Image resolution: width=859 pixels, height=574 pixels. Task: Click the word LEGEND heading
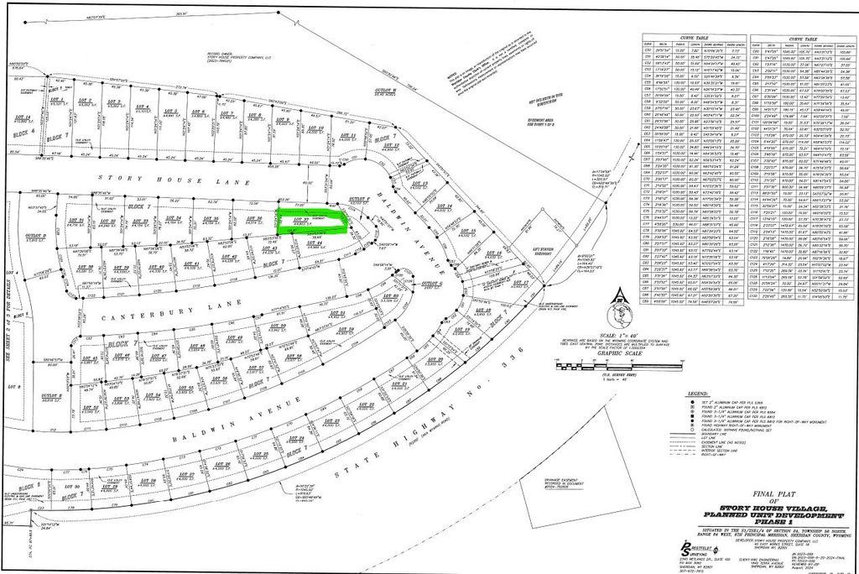[x=698, y=393]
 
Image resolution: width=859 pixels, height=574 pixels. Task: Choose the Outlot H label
[x=383, y=90]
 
